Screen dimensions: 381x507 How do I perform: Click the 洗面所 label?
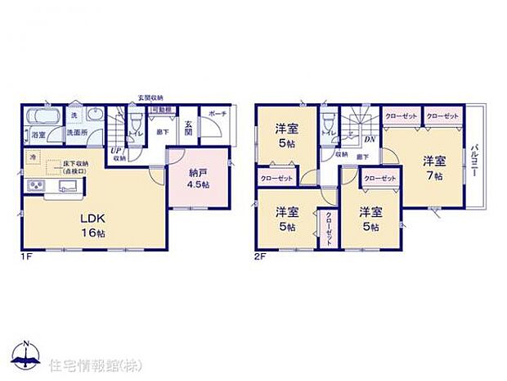pos(77,133)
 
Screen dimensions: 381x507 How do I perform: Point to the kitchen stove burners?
pos(35,187)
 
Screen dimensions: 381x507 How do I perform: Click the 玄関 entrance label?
pos(187,129)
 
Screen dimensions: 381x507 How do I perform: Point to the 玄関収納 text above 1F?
pos(150,98)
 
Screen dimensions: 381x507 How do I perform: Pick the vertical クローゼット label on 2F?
pos(329,225)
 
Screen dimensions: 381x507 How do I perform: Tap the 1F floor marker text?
pos(27,256)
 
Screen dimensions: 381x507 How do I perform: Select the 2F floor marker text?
pos(260,256)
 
